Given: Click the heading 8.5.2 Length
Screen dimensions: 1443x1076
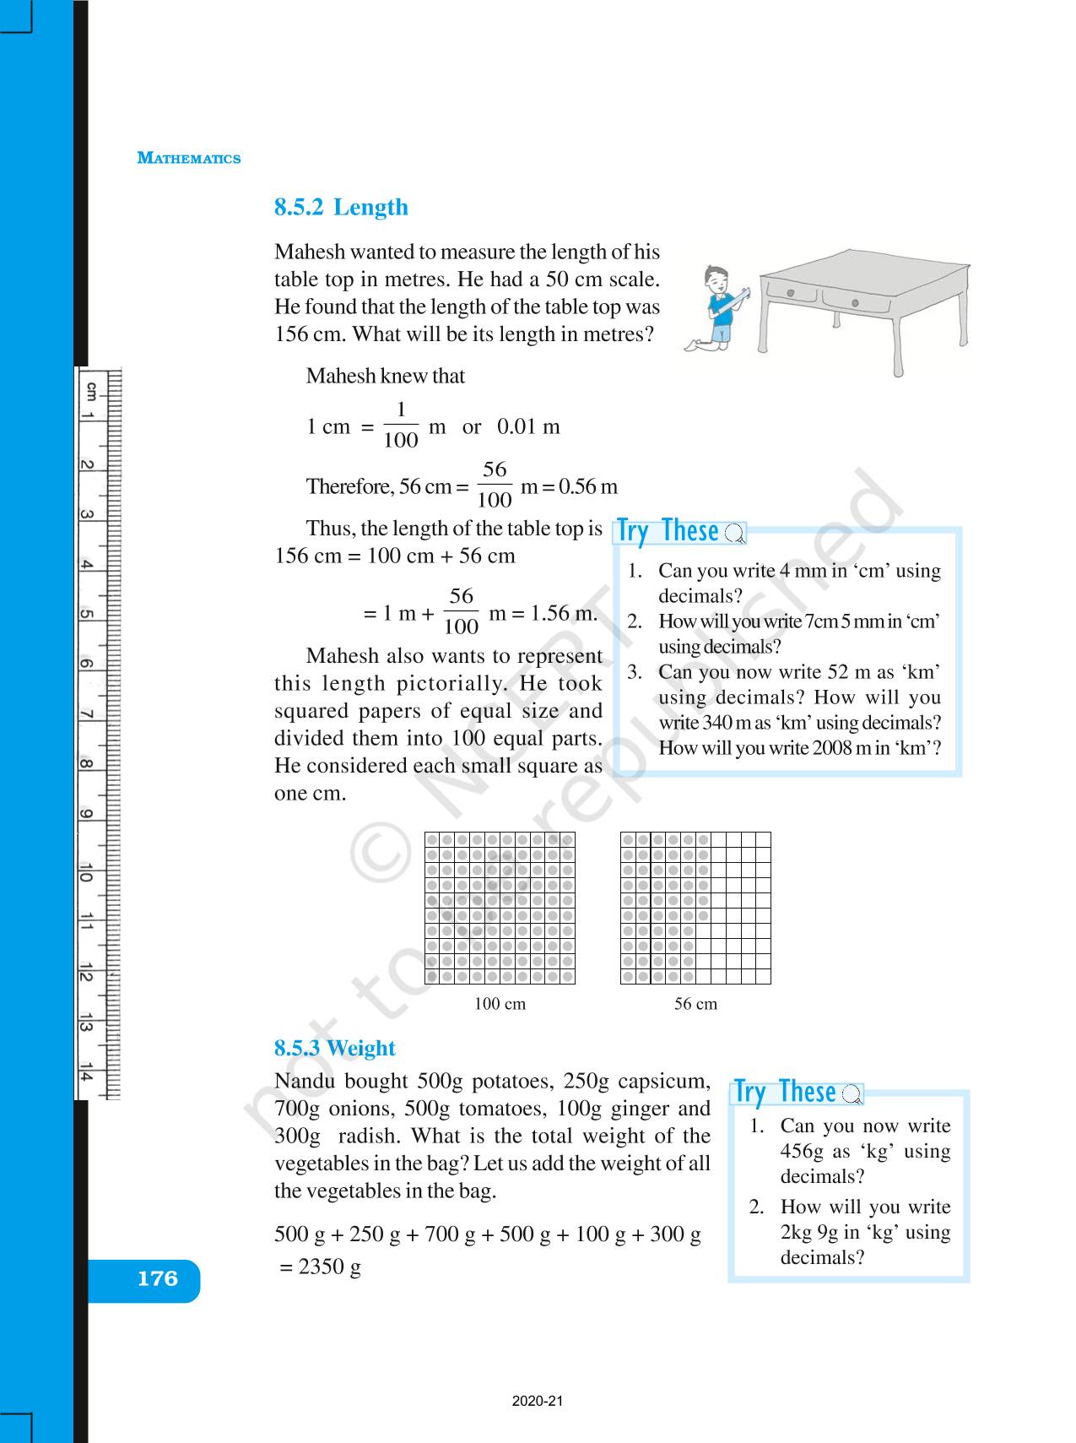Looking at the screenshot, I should (341, 208).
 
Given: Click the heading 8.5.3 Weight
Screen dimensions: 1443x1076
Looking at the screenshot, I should (334, 1048).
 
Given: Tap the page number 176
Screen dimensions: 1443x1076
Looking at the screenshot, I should (158, 1278).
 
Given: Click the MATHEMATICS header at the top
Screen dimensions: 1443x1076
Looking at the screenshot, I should (188, 159).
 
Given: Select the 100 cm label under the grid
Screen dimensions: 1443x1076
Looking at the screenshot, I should (500, 1004).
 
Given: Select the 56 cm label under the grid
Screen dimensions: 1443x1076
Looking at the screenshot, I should (695, 1004).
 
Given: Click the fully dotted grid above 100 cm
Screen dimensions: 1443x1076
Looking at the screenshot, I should (500, 908).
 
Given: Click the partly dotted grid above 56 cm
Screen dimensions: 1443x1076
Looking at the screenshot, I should (695, 908).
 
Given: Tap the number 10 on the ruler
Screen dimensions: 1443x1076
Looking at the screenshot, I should (86, 873).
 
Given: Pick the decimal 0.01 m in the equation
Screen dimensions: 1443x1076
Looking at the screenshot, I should (528, 427).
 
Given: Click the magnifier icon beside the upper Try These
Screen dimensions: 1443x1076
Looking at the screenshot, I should (734, 534).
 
